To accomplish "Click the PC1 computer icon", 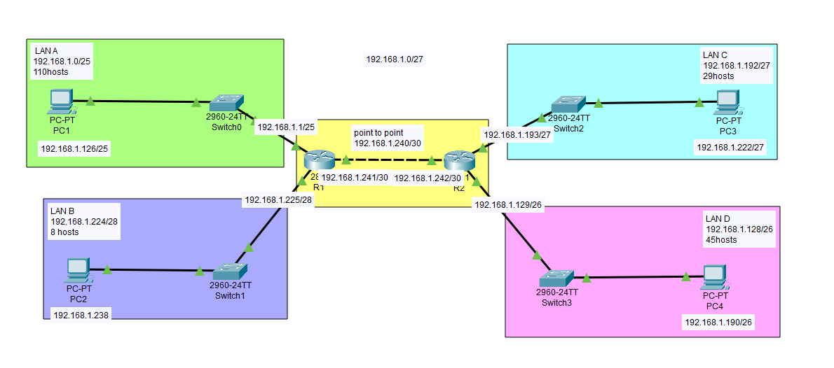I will pyautogui.click(x=62, y=101).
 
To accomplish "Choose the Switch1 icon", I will pyautogui.click(x=230, y=270).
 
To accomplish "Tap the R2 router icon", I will pyautogui.click(x=459, y=161).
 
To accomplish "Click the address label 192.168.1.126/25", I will pyautogui.click(x=75, y=148).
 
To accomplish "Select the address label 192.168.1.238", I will pyautogui.click(x=81, y=315).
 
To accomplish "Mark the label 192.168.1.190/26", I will pyautogui.click(x=720, y=322).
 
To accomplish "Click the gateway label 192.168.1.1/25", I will pyautogui.click(x=285, y=127).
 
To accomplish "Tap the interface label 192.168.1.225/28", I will pyautogui.click(x=278, y=200).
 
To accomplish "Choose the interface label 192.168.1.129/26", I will pyautogui.click(x=508, y=205).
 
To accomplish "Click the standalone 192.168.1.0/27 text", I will pyautogui.click(x=395, y=59).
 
